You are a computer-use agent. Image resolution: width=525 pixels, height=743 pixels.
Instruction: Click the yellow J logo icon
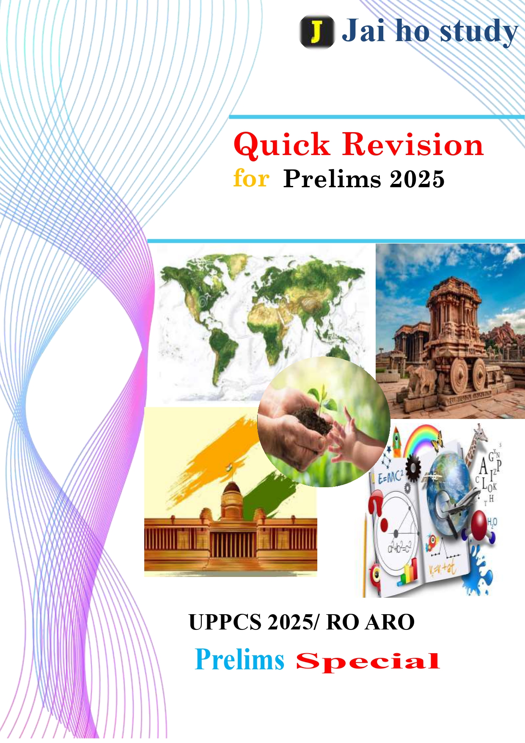[317, 31]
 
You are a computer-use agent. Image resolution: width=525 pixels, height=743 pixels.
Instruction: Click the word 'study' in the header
[479, 32]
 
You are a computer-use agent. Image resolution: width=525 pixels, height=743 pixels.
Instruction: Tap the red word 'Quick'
[282, 144]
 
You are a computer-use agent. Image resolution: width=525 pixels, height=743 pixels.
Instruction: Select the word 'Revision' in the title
[413, 144]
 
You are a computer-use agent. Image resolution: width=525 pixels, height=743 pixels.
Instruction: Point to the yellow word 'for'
[251, 178]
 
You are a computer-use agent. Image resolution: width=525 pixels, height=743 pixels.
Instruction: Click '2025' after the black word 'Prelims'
[417, 179]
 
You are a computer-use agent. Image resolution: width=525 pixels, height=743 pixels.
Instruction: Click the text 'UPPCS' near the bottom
[225, 622]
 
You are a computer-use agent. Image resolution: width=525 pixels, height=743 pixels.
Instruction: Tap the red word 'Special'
[368, 662]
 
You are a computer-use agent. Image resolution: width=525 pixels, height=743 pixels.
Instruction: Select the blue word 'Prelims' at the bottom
[239, 660]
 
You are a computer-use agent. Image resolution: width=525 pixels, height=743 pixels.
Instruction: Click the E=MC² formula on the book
[390, 477]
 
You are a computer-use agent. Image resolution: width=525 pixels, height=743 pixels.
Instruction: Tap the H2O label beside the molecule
[492, 522]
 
